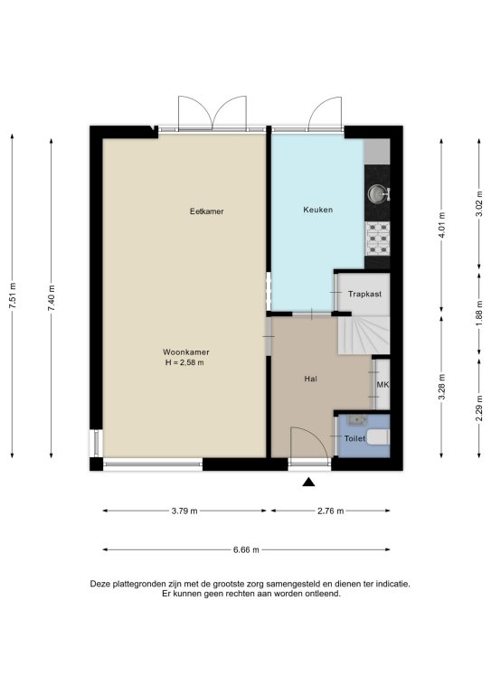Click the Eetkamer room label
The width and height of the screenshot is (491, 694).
[207, 211]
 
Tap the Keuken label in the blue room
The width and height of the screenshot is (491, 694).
[318, 210]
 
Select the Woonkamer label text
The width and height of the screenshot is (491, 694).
[186, 352]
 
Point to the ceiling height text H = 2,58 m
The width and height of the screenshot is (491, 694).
[184, 363]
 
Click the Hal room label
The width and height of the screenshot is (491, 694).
[311, 379]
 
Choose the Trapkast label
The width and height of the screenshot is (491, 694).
[364, 294]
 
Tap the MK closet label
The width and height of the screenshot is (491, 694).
[382, 385]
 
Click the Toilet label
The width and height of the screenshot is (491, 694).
[355, 438]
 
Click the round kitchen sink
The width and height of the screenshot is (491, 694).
[377, 193]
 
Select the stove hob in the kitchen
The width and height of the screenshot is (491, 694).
[377, 239]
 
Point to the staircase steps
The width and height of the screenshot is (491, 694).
[364, 335]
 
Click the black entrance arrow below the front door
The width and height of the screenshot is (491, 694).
[308, 482]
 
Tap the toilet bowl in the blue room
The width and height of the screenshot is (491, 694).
[380, 436]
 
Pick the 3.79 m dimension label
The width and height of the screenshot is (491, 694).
[184, 511]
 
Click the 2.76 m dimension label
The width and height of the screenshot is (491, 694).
[331, 511]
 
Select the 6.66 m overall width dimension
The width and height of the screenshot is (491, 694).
[246, 549]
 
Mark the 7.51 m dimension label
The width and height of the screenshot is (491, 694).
[13, 295]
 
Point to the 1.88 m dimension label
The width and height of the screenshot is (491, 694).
[479, 314]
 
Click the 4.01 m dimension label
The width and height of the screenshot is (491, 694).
[441, 225]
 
